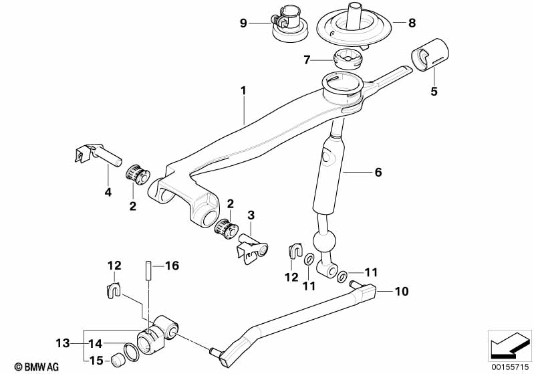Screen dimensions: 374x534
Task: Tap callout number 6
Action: pos(378,172)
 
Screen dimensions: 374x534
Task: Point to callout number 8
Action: pos(412,23)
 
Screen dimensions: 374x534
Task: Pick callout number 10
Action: pos(402,292)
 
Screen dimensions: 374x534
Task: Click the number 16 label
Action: pos(172,266)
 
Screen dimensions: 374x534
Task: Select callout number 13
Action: pos(61,344)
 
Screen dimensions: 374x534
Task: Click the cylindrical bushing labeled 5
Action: pos(431,56)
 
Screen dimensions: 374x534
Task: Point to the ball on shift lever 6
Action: pos(324,242)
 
